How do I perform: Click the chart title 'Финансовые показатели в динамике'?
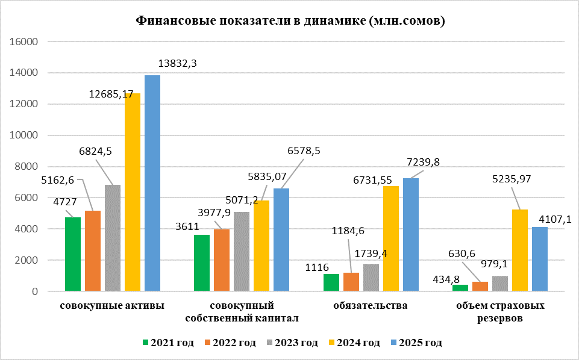pos(290,22)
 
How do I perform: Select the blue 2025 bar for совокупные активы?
pos(152,184)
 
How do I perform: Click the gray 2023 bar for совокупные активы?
pos(113,238)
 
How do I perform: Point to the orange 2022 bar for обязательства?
pos(351,282)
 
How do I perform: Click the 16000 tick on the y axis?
pos(24,42)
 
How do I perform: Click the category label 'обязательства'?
pos(371,305)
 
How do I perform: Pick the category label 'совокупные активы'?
pos(113,305)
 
